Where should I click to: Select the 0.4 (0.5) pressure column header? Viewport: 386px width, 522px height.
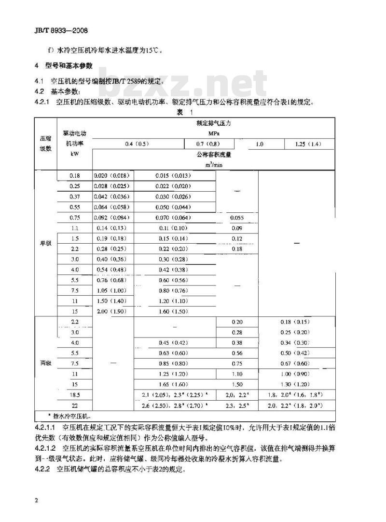pos(138,144)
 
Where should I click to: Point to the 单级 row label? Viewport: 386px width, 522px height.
pos(45,243)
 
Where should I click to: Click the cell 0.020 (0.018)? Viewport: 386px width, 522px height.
pos(112,175)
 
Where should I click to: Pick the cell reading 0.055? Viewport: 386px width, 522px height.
pos(237,217)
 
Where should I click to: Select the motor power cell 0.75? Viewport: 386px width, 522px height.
pos(74,217)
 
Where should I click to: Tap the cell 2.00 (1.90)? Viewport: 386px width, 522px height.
pos(112,312)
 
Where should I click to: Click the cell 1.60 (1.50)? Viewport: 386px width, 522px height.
pos(174,312)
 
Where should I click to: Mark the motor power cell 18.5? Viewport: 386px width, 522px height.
pos(74,395)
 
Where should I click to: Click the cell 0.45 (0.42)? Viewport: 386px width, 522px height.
pos(174,343)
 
